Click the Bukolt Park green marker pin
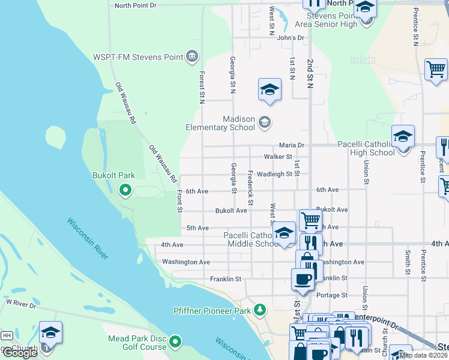(x=125, y=190)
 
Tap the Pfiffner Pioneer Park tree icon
(x=259, y=310)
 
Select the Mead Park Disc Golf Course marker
(x=175, y=342)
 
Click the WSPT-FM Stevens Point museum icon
(x=191, y=57)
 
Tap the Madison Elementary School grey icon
(x=264, y=123)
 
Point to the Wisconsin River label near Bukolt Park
(x=88, y=238)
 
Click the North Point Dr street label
(x=135, y=5)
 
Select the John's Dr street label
(x=291, y=38)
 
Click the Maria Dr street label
(x=292, y=145)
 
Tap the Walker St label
(x=278, y=157)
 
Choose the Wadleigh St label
(x=274, y=174)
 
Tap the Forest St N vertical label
(x=202, y=86)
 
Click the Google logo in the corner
(x=20, y=353)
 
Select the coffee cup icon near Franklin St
(x=302, y=279)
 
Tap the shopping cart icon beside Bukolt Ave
(x=310, y=220)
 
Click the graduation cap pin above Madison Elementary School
(x=270, y=90)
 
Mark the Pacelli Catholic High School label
(x=366, y=149)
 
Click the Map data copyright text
(x=423, y=355)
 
